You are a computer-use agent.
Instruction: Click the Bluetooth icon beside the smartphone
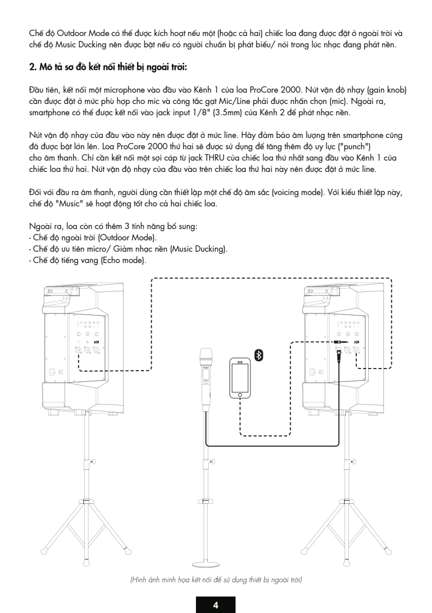[259, 355]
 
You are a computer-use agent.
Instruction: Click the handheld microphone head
[206, 357]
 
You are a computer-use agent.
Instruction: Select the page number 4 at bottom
[215, 605]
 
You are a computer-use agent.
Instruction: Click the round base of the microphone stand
[206, 564]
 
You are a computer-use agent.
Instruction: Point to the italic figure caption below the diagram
[216, 580]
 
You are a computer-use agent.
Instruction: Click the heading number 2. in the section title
[33, 67]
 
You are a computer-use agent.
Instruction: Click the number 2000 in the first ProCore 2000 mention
[291, 90]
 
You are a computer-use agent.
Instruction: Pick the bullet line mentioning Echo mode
[87, 260]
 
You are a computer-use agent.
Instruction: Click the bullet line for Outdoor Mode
[93, 238]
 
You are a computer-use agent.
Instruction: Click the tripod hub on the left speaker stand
[86, 502]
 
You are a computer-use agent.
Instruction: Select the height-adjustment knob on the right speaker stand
[353, 462]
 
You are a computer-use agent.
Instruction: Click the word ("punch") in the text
[354, 147]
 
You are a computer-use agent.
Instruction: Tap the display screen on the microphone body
[206, 380]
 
